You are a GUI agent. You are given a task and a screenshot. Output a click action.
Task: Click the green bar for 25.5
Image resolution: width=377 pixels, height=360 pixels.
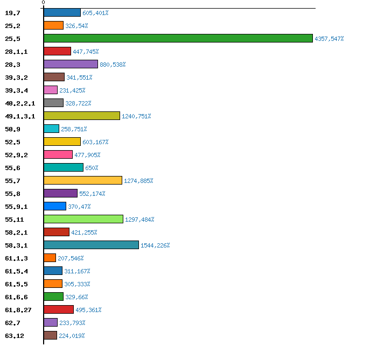[x=178, y=38]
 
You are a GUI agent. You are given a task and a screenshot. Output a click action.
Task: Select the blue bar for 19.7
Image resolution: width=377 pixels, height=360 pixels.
[x=62, y=12]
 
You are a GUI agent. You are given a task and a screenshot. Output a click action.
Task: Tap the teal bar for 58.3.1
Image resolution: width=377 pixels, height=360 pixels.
[x=91, y=245]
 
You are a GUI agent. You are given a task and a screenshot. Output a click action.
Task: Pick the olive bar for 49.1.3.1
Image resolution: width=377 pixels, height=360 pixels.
[x=81, y=116]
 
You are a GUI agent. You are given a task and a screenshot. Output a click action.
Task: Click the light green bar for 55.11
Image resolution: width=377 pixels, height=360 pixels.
[x=83, y=219]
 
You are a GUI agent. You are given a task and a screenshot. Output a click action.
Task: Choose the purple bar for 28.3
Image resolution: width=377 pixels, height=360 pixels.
[x=71, y=64]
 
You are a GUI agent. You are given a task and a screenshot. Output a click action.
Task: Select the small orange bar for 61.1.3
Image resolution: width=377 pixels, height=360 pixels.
[x=50, y=258]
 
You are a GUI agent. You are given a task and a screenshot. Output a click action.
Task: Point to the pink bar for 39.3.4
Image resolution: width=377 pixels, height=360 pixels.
[x=50, y=90]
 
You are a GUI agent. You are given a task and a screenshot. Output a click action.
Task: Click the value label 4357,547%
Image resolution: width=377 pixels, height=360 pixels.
[x=329, y=39]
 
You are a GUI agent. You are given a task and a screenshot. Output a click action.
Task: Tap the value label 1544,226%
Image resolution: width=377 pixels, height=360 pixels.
[x=155, y=245]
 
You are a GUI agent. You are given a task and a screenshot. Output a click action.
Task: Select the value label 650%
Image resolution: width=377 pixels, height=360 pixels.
[x=92, y=168]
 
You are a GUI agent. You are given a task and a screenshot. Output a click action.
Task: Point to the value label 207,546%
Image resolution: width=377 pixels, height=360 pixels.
[x=71, y=258]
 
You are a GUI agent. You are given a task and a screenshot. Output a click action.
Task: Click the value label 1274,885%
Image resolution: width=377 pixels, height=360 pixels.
[x=138, y=181]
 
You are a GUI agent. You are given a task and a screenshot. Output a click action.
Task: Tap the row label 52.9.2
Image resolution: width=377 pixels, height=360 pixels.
[x=16, y=155]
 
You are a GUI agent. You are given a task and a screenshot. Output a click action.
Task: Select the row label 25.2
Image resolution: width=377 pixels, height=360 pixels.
[x=12, y=26]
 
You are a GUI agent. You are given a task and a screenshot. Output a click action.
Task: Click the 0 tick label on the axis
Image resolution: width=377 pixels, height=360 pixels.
[x=44, y=3]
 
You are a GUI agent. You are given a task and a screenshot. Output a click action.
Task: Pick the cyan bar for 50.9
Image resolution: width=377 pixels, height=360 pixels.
[x=51, y=129]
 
